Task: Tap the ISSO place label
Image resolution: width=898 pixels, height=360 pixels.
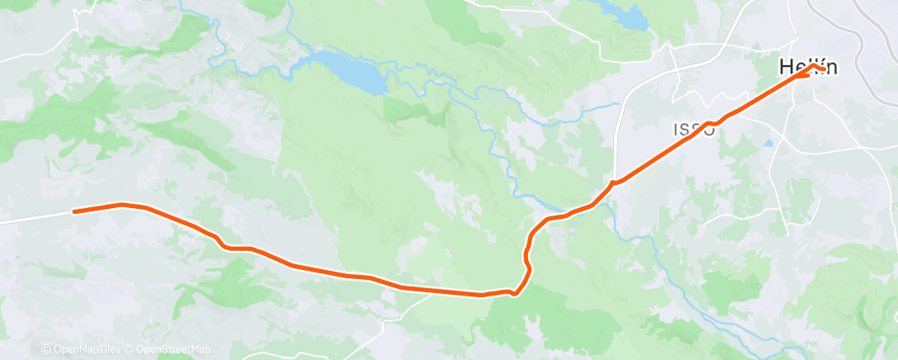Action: tap(692, 130)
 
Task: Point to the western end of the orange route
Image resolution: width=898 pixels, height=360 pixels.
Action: tap(75, 211)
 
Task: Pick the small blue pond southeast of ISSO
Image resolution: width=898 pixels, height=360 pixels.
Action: tap(769, 143)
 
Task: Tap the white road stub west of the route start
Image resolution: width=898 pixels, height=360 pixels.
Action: tap(33, 218)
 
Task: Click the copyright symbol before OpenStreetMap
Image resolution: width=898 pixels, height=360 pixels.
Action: tap(130, 350)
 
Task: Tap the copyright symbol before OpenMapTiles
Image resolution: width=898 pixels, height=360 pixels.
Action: tap(45, 350)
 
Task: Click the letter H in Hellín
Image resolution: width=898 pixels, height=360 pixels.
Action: tap(786, 68)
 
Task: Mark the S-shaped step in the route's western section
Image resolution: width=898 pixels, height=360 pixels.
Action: tap(221, 243)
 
